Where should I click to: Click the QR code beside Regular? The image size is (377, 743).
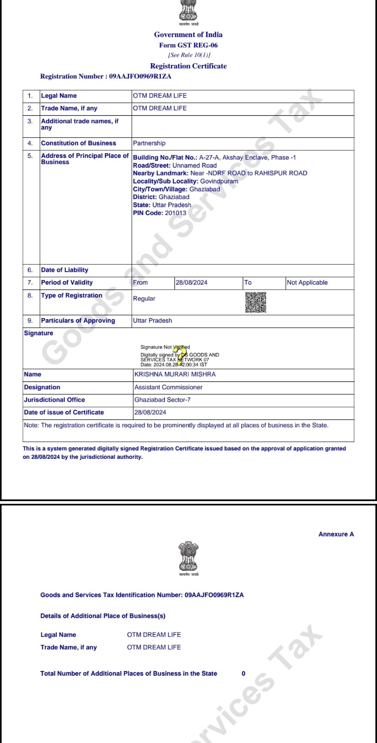[x=255, y=302]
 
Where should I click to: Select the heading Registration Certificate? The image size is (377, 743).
[x=188, y=66]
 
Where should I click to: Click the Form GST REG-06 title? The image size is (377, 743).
[x=188, y=45]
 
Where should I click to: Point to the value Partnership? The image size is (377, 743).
[x=149, y=143]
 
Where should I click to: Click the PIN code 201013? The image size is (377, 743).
[x=175, y=213]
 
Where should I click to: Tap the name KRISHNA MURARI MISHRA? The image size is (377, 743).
[x=175, y=374]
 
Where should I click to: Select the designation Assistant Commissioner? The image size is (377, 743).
[x=168, y=387]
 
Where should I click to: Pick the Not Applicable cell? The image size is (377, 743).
[x=307, y=282]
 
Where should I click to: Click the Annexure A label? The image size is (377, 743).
[x=336, y=534]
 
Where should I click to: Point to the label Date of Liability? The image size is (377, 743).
[x=65, y=270]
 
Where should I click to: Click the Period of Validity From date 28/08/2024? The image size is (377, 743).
[x=191, y=282]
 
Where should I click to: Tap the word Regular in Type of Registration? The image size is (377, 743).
[x=144, y=299]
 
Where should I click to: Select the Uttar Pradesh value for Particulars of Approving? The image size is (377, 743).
[x=152, y=320]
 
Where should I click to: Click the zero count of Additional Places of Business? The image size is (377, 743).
[x=243, y=673]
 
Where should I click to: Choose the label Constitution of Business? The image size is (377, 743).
[x=78, y=143]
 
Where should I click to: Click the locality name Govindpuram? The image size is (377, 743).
[x=219, y=181]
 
